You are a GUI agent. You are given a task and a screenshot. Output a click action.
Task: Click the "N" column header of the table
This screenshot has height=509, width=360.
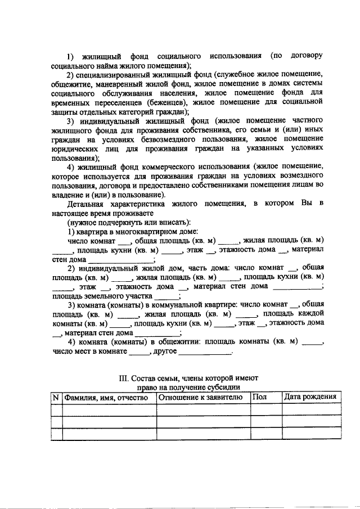click(56, 397)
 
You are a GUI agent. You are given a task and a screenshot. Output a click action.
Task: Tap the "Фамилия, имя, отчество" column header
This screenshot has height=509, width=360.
click(109, 397)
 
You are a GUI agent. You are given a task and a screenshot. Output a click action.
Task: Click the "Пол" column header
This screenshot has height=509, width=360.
click(260, 397)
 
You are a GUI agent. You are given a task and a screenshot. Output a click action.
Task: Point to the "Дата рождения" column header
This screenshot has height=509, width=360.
click(310, 397)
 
